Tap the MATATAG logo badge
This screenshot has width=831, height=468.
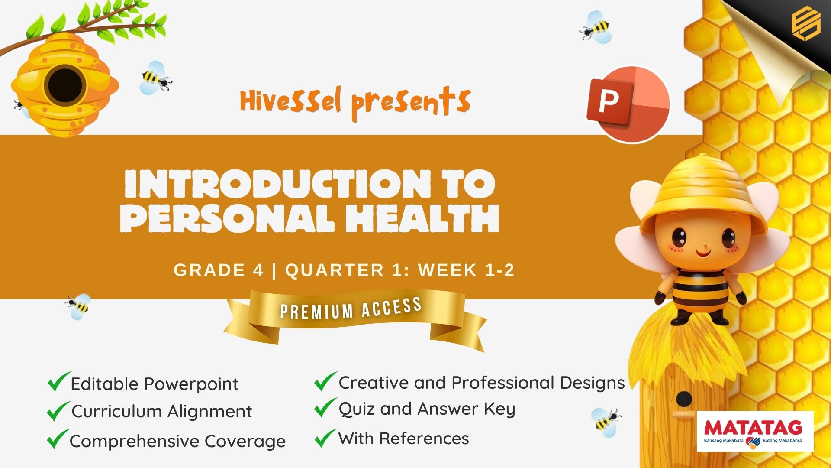point(755,432)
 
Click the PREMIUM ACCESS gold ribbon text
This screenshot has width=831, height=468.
point(351,309)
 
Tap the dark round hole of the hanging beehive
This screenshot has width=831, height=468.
point(65,85)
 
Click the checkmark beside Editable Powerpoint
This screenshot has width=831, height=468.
point(59,382)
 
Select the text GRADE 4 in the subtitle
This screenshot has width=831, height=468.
point(219,270)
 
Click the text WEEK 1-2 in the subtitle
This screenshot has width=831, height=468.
point(466,270)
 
